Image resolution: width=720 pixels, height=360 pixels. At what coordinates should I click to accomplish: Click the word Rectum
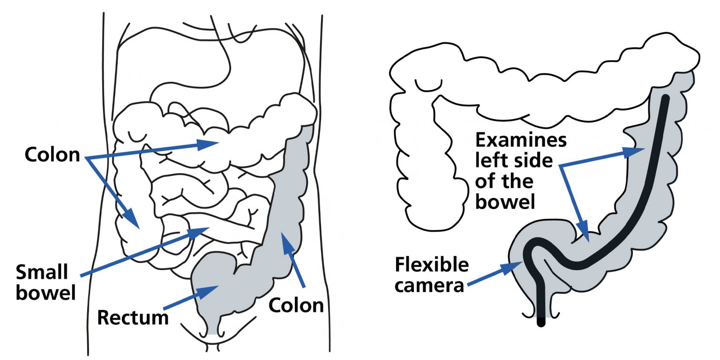point(133,317)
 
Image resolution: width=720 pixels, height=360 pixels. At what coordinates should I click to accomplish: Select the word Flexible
point(432,265)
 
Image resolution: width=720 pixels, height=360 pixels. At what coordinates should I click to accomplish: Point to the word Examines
point(521,140)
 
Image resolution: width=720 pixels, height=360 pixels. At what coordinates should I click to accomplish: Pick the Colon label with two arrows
point(52,155)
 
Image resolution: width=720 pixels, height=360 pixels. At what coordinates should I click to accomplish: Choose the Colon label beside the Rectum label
point(296,305)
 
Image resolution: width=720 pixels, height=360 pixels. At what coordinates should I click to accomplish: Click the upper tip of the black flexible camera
point(665,98)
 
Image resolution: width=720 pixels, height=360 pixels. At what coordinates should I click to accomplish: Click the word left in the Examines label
point(490,160)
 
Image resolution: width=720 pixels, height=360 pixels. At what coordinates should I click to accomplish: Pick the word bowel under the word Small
point(45,292)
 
